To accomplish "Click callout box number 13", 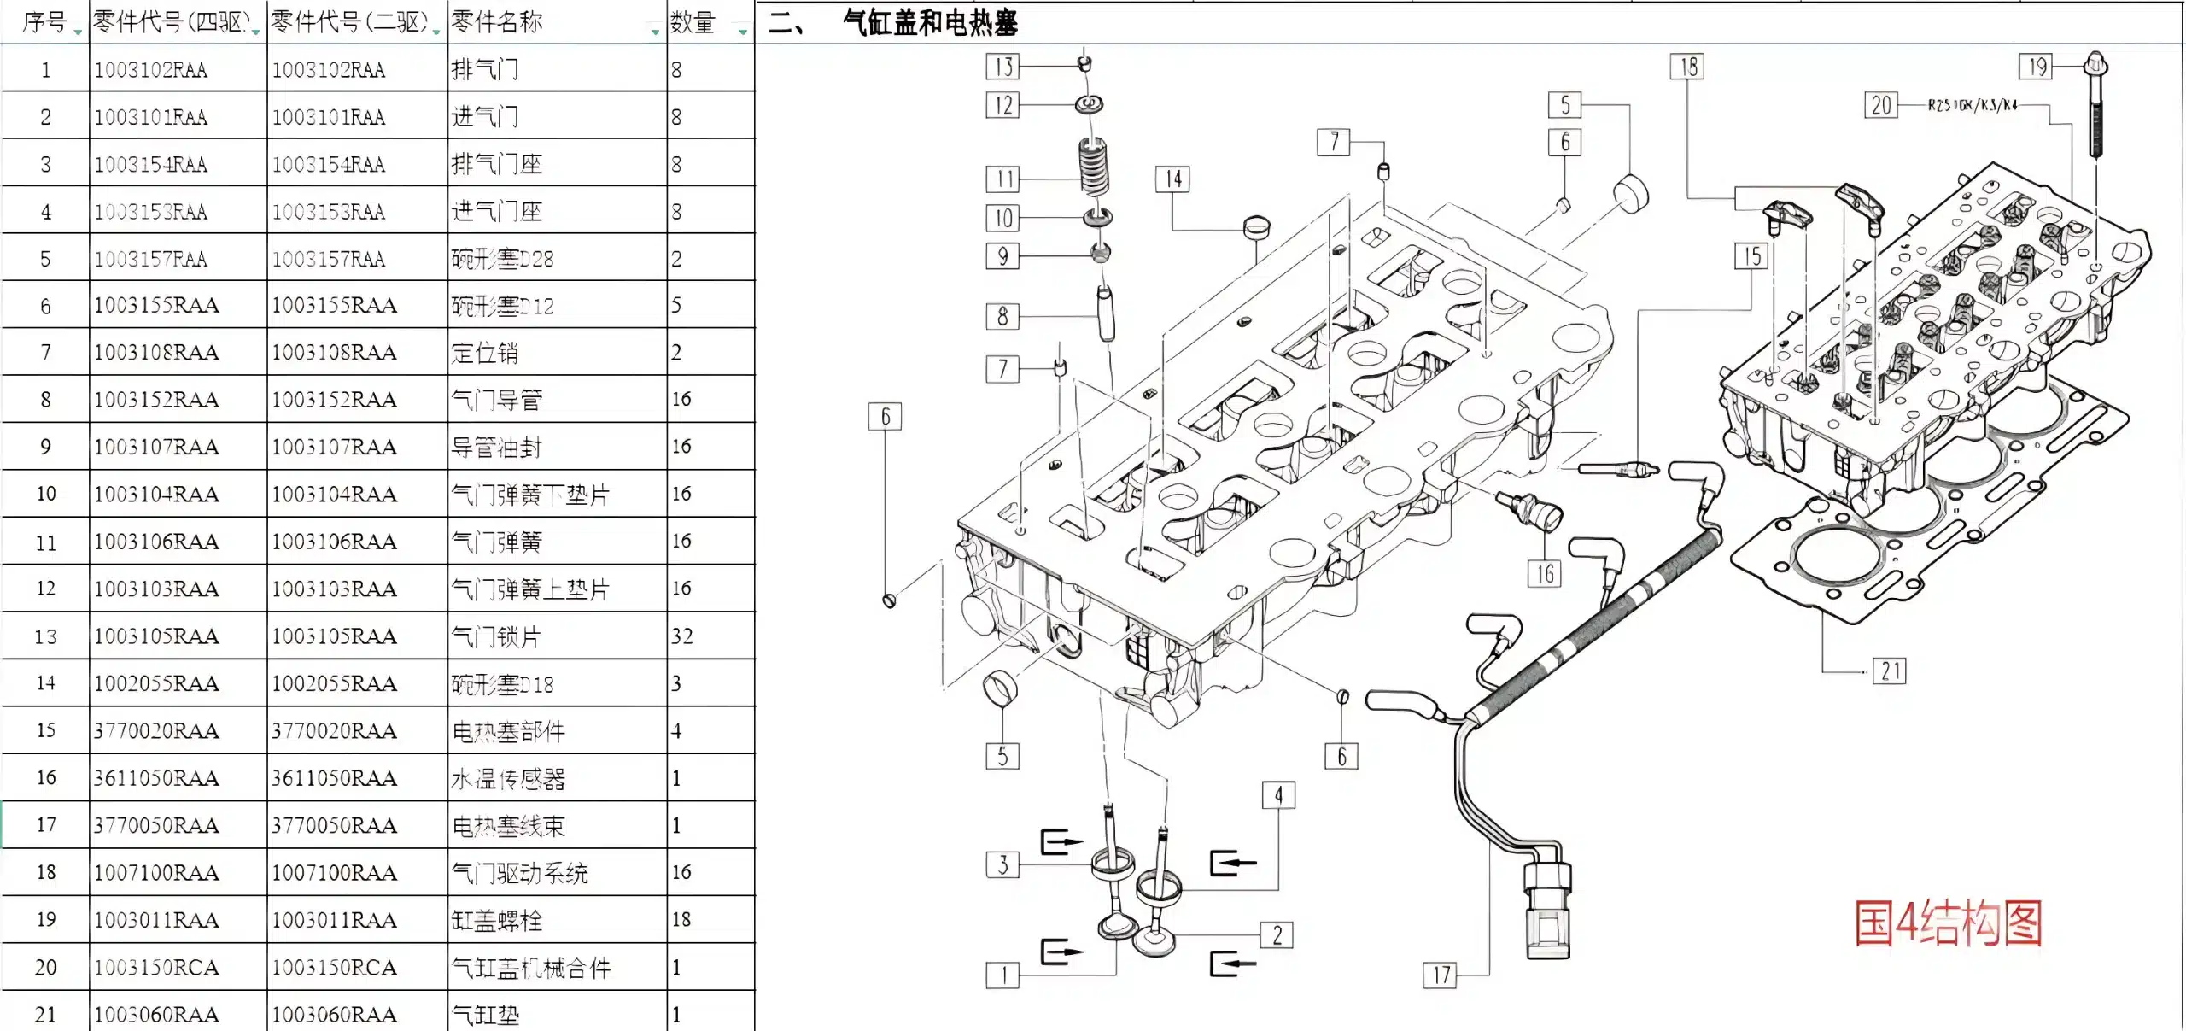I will click(1002, 67).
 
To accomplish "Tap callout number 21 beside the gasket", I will click(1890, 671).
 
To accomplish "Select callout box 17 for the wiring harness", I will click(1441, 975).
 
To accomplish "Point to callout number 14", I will click(1173, 179).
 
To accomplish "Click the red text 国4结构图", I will click(1948, 923).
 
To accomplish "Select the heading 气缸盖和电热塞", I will click(930, 22).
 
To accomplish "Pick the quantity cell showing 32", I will click(682, 636).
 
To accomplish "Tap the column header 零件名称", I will click(497, 22).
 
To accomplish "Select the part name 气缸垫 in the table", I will click(485, 1015).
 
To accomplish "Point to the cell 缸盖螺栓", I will click(496, 920).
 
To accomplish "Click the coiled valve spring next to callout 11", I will click(1094, 167).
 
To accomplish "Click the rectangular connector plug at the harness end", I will click(1546, 911).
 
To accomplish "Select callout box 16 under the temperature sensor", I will click(1544, 573).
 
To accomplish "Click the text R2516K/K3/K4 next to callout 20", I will click(1973, 105).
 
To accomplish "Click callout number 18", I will click(1687, 67).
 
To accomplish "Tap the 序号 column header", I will click(44, 22).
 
